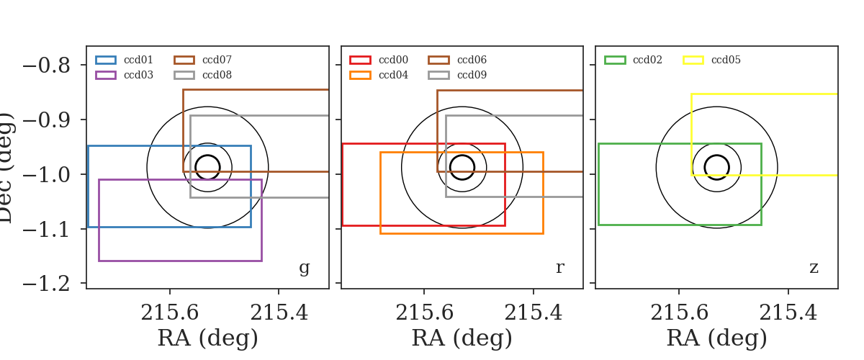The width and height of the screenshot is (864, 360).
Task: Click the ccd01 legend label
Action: (138, 60)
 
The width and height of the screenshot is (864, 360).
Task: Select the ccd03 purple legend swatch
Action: (106, 76)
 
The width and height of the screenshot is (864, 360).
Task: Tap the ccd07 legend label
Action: (217, 60)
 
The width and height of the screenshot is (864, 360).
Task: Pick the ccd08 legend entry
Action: (203, 76)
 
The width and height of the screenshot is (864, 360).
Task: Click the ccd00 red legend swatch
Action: (360, 60)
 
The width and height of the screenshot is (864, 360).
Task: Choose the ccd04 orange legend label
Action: (393, 75)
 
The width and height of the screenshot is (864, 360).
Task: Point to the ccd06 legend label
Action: (472, 60)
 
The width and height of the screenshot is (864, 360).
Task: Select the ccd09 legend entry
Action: (457, 76)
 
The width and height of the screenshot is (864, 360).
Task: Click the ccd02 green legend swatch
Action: (615, 60)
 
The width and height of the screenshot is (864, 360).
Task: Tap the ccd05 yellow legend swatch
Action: (693, 60)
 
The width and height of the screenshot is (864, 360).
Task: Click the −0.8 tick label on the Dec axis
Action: (47, 66)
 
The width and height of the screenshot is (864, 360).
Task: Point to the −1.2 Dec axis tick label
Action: (47, 284)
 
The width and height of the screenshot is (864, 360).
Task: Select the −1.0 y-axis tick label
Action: (47, 175)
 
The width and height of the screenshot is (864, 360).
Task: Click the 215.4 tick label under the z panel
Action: (788, 312)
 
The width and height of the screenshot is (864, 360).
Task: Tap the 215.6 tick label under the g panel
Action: (170, 312)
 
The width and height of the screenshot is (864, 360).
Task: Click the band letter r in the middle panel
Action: (560, 267)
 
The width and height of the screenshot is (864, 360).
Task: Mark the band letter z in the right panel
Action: (814, 267)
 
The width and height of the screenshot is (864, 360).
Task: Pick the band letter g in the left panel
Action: (305, 268)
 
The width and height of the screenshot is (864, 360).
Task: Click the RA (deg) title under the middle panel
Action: (462, 338)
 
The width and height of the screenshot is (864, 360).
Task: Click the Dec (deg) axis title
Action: (6, 168)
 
